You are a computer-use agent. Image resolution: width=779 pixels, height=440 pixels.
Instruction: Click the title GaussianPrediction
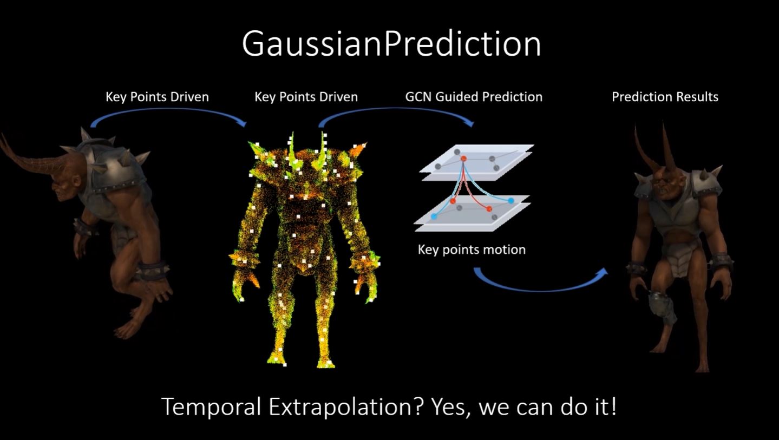pos(391,44)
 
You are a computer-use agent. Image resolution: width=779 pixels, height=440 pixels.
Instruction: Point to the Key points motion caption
pos(472,249)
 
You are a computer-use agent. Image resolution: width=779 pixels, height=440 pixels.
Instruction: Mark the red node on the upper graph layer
pos(463,159)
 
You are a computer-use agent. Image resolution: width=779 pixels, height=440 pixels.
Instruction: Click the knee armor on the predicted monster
pos(656,303)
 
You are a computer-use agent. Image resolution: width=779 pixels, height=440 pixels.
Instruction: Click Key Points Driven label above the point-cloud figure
pos(306,97)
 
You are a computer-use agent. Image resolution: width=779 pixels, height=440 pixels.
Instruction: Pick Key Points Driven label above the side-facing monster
pos(157,97)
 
